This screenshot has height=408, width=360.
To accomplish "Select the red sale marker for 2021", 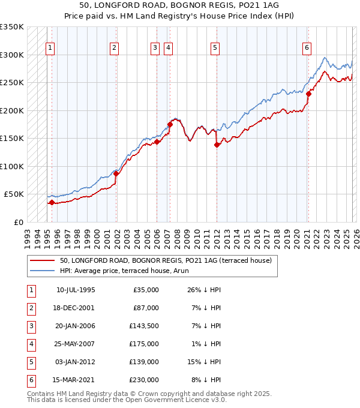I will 308,94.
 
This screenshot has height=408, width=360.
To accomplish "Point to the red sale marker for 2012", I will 217,144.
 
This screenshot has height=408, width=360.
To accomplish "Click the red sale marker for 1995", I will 52,202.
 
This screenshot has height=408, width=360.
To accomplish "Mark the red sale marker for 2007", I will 170,124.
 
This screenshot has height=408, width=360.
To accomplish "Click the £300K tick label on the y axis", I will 11,55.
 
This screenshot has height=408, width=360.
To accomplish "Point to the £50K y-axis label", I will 13,194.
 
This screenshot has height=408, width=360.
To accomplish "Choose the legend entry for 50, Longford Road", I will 166,260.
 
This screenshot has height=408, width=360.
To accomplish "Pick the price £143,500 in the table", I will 144,326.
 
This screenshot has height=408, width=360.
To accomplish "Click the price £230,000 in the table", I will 144,380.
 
